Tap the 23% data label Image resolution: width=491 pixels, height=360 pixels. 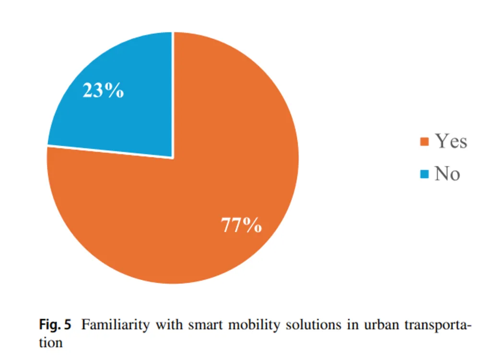click(103, 90)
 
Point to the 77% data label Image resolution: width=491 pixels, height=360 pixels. click(241, 225)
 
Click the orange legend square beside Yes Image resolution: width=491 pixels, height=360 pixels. click(424, 142)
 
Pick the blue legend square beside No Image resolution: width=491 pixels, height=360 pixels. click(424, 174)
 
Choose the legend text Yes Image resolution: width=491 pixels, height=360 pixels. click(451, 141)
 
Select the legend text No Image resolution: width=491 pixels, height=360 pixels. click(447, 174)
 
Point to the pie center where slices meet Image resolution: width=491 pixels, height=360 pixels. click(173, 158)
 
